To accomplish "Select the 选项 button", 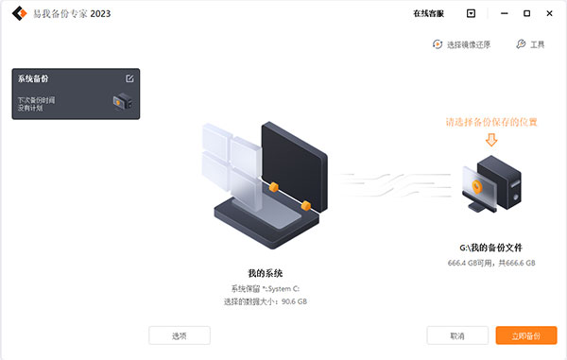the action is click(x=180, y=335).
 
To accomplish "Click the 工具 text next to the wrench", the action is click(x=538, y=44).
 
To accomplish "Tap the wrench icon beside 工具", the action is click(x=521, y=44).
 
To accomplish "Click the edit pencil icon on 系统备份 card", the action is click(x=129, y=78).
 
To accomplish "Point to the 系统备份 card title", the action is click(x=33, y=79).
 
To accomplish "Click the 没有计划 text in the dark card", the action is click(x=32, y=108).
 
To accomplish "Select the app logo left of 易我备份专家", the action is click(x=16, y=14).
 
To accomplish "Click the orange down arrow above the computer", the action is click(x=490, y=140).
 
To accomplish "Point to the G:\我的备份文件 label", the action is click(x=490, y=246).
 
